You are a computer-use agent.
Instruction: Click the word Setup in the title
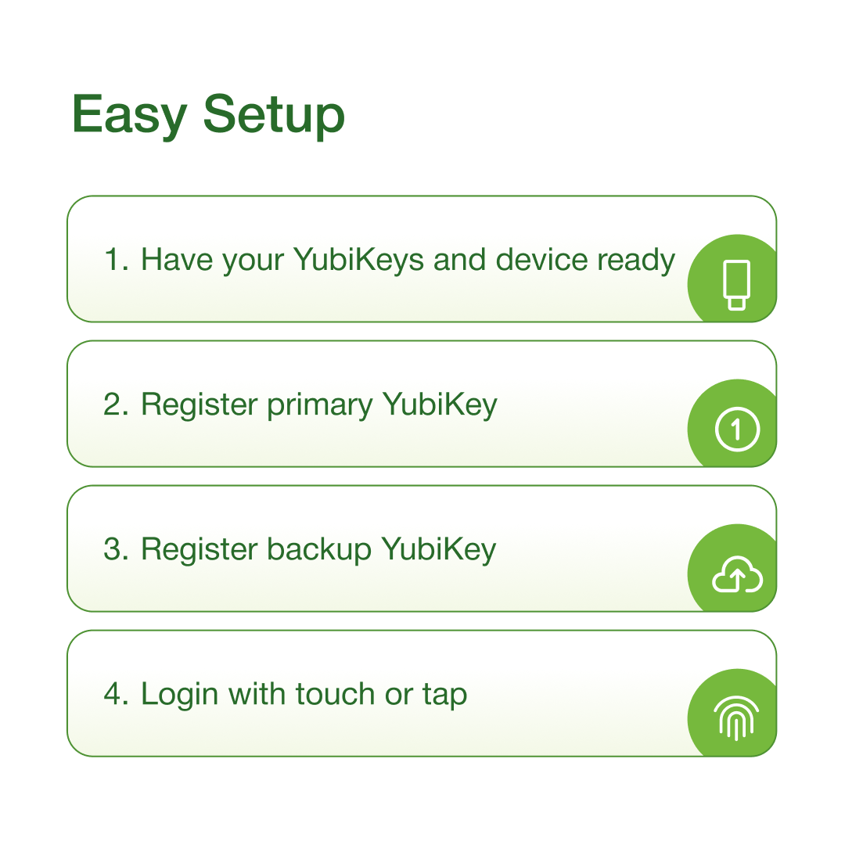tap(274, 116)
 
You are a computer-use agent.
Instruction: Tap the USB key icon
tap(736, 285)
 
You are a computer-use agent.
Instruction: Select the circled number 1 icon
tap(736, 429)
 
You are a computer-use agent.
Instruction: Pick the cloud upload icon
tap(736, 575)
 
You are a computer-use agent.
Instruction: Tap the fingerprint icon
tap(736, 718)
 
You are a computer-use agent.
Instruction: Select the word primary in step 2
tap(320, 405)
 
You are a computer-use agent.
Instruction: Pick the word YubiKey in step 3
tap(439, 549)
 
